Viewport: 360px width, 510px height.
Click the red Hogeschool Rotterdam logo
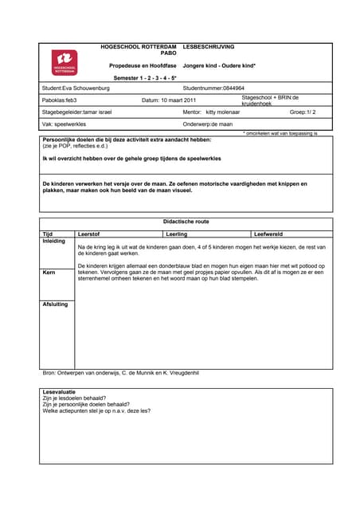65,61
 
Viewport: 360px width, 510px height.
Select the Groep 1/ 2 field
303,113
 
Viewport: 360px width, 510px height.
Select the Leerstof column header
89,234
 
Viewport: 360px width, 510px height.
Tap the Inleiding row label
54,241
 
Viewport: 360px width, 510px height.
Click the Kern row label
48,273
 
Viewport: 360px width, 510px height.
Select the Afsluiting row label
55,304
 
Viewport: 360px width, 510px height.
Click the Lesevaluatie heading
60,392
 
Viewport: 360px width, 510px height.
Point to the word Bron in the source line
48,373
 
